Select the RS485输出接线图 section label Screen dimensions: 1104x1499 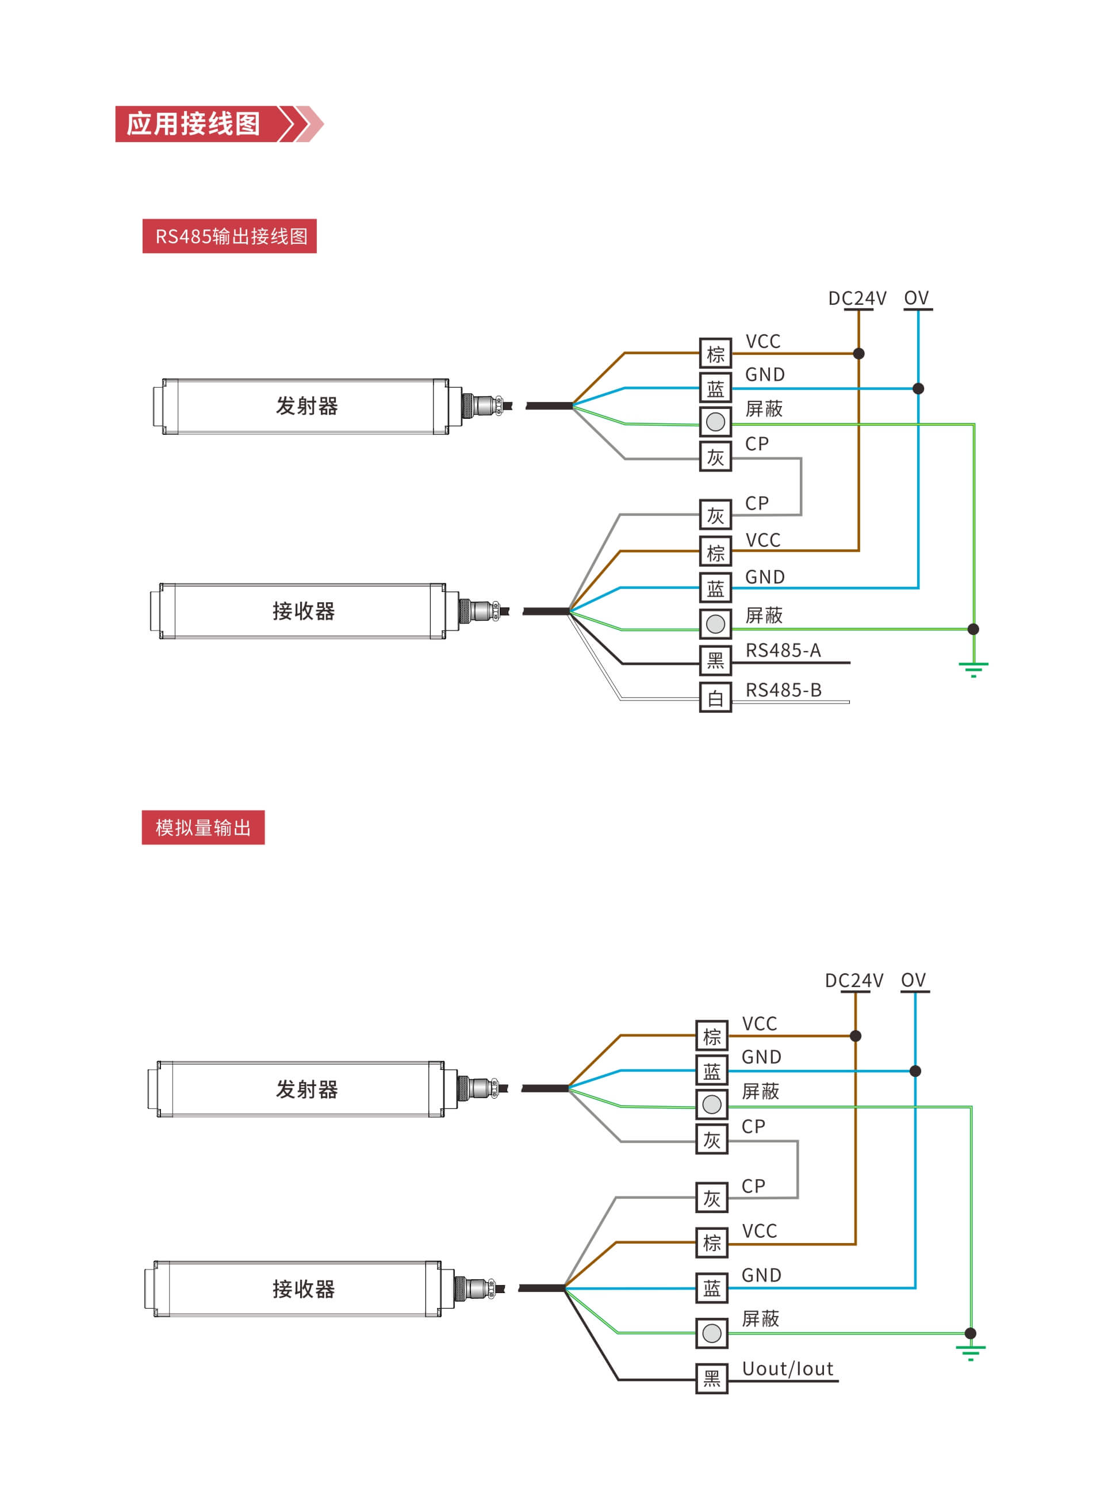[x=229, y=236]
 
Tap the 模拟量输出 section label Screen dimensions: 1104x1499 [x=203, y=827]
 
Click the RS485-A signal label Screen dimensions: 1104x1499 [x=783, y=650]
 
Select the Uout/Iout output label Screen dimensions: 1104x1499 [x=788, y=1368]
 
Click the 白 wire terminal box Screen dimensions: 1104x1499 [x=715, y=698]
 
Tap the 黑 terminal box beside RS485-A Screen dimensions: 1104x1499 [x=715, y=660]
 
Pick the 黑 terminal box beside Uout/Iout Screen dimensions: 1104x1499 [x=712, y=1378]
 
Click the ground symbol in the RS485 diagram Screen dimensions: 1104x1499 [x=973, y=668]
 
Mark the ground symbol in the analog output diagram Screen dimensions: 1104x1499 [x=971, y=1352]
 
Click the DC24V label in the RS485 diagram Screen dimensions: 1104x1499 [x=857, y=298]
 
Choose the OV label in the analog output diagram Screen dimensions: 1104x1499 [x=914, y=980]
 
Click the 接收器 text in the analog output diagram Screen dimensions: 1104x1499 [x=304, y=1288]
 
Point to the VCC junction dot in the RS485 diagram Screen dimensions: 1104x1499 [x=858, y=353]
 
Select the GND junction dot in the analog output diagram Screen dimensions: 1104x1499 [x=915, y=1070]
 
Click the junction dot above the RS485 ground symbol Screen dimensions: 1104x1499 [x=973, y=629]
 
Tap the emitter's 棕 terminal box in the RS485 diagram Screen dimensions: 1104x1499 [x=715, y=353]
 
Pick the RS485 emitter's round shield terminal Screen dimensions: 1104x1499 [x=715, y=422]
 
